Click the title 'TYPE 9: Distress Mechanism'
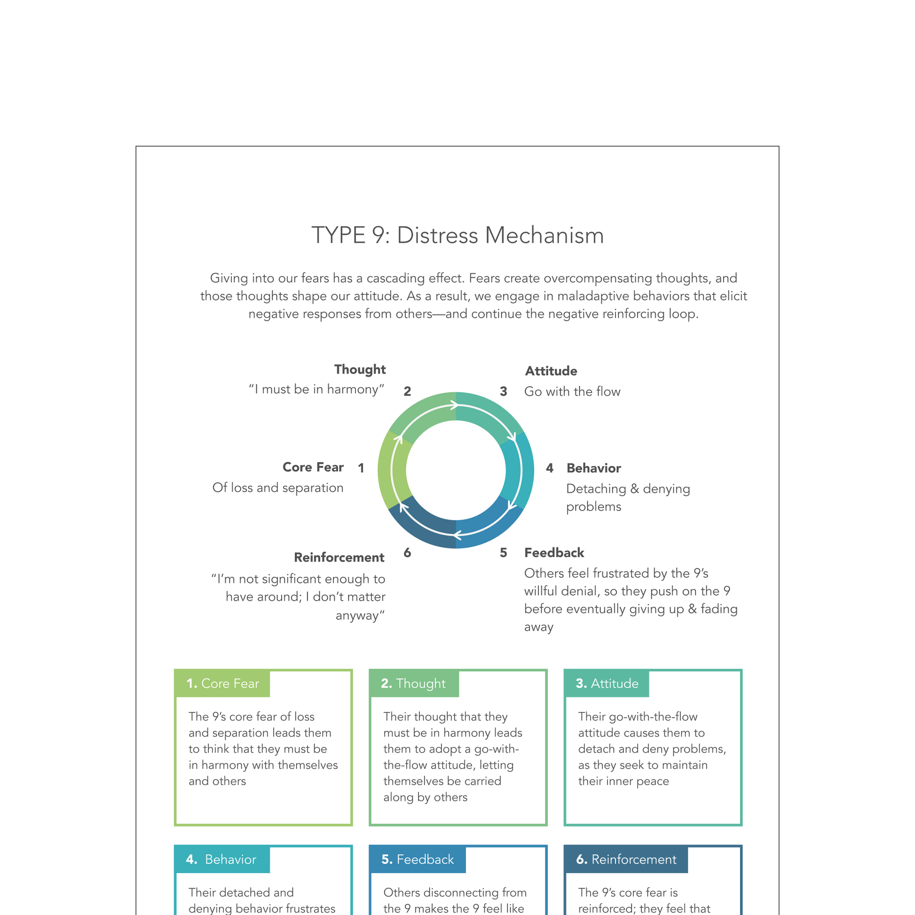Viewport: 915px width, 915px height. [x=457, y=236]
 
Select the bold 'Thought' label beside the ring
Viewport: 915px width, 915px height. [x=360, y=370]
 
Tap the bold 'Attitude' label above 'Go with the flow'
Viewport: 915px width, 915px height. [x=551, y=371]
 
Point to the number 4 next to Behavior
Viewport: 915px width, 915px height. [x=549, y=468]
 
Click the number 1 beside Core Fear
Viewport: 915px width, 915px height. [x=361, y=468]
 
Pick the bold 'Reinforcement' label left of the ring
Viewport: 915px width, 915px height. [x=339, y=558]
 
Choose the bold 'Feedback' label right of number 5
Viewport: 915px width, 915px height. [x=554, y=552]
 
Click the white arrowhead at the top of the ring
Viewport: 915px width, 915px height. [x=454, y=405]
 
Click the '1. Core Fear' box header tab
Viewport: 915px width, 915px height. [x=222, y=683]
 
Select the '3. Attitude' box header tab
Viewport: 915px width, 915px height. [x=607, y=683]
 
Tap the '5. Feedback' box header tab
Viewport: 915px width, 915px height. [x=417, y=859]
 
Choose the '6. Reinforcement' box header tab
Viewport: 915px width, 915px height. [x=626, y=859]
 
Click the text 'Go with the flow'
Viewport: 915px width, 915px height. [x=572, y=392]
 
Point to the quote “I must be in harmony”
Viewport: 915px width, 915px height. [x=316, y=389]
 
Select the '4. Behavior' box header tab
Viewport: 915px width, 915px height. [x=221, y=859]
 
